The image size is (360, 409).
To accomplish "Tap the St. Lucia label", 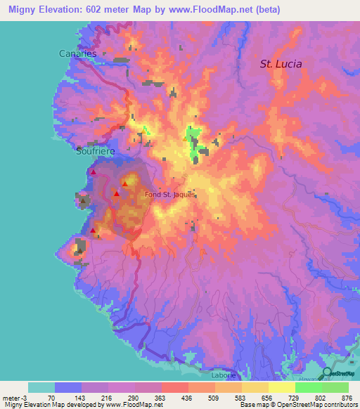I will click(x=281, y=63).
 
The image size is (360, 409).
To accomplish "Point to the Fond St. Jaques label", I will click(x=169, y=195).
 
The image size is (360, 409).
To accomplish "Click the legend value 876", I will click(x=348, y=397).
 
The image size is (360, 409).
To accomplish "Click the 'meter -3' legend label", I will click(x=13, y=397).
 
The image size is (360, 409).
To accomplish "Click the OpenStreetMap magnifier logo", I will click(x=327, y=372).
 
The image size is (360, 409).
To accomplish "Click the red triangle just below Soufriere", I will click(x=93, y=171).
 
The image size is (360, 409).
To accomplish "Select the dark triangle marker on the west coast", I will click(x=82, y=201).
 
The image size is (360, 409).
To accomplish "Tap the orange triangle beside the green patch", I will click(x=185, y=138).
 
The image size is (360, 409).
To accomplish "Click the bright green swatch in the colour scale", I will click(x=309, y=387).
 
